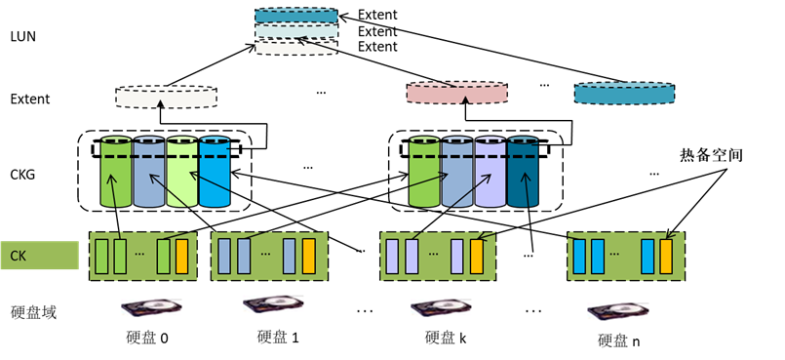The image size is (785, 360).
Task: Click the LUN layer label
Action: coord(22,35)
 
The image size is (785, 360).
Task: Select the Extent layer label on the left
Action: coord(29,99)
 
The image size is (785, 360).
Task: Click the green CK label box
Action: coord(39,256)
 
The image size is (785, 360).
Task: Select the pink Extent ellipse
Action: coord(456,93)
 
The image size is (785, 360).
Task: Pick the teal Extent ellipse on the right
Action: coord(624,93)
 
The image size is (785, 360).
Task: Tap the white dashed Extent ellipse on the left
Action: coord(166,97)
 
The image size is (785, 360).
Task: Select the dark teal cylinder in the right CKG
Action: coord(523,173)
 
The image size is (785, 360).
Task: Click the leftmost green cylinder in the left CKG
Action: coord(114,173)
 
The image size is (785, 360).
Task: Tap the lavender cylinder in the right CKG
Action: coord(490,173)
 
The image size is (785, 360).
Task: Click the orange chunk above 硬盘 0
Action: coord(181,256)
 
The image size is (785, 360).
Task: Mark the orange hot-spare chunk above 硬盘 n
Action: coord(666,256)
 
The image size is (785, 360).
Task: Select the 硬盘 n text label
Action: coord(619,340)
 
